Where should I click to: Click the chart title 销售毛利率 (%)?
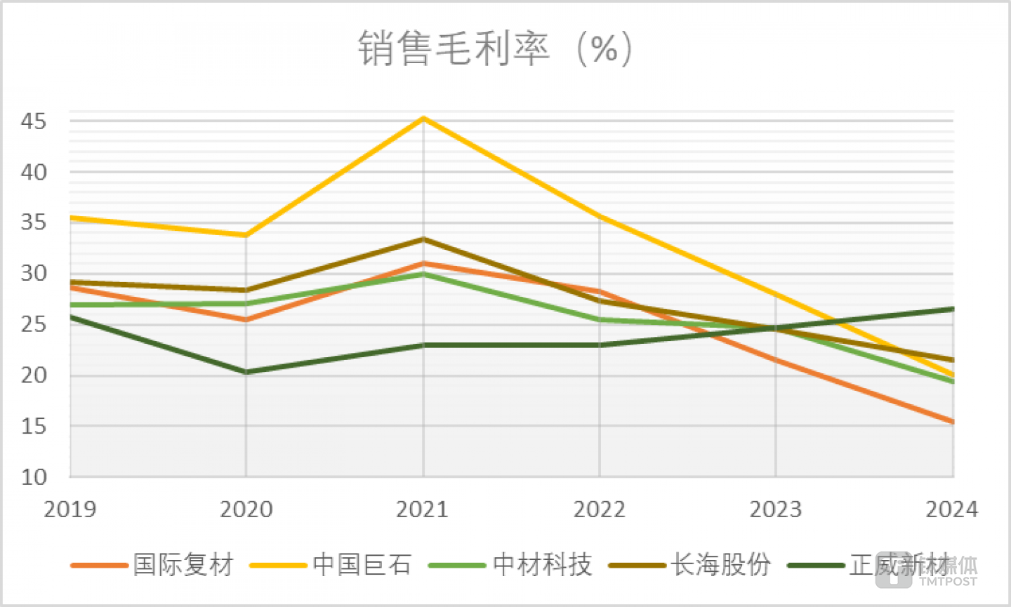(x=496, y=48)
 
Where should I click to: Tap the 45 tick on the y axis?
(x=34, y=121)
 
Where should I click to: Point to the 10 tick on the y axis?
(x=34, y=477)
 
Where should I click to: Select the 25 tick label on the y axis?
(x=34, y=324)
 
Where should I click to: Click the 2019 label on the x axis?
(x=70, y=509)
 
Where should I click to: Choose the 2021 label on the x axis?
(x=423, y=509)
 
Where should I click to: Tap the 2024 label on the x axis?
(x=951, y=509)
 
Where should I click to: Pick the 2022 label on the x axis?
(x=600, y=509)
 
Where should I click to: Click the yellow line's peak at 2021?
(x=423, y=119)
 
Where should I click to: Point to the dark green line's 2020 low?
(x=246, y=372)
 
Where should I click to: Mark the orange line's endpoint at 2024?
(x=952, y=422)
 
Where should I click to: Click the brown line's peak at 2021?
(x=423, y=239)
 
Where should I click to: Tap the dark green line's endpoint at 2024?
(x=952, y=309)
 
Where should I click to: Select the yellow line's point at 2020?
(x=246, y=235)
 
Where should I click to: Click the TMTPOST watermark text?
(x=948, y=582)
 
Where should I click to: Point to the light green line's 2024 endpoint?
(x=952, y=381)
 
